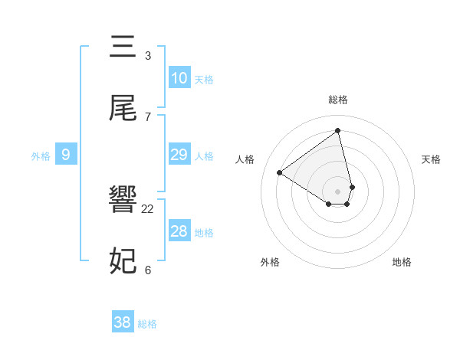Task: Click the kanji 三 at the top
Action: coord(123,47)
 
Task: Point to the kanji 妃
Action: coord(123,261)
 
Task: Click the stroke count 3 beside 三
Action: coord(148,56)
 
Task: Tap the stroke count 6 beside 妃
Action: coord(148,270)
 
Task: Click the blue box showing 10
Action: coord(179,78)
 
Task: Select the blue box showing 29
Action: coord(179,155)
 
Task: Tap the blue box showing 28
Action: coord(179,231)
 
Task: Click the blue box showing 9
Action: coord(66,155)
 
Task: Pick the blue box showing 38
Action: coord(123,322)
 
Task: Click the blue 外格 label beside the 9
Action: coord(41,156)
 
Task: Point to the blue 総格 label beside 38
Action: coord(147,324)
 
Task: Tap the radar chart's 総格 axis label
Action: coord(338,100)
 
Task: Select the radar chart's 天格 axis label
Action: coord(432,159)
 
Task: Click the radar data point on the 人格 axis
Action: coord(280,172)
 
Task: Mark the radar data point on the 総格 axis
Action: coord(338,130)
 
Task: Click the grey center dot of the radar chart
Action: coord(338,191)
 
